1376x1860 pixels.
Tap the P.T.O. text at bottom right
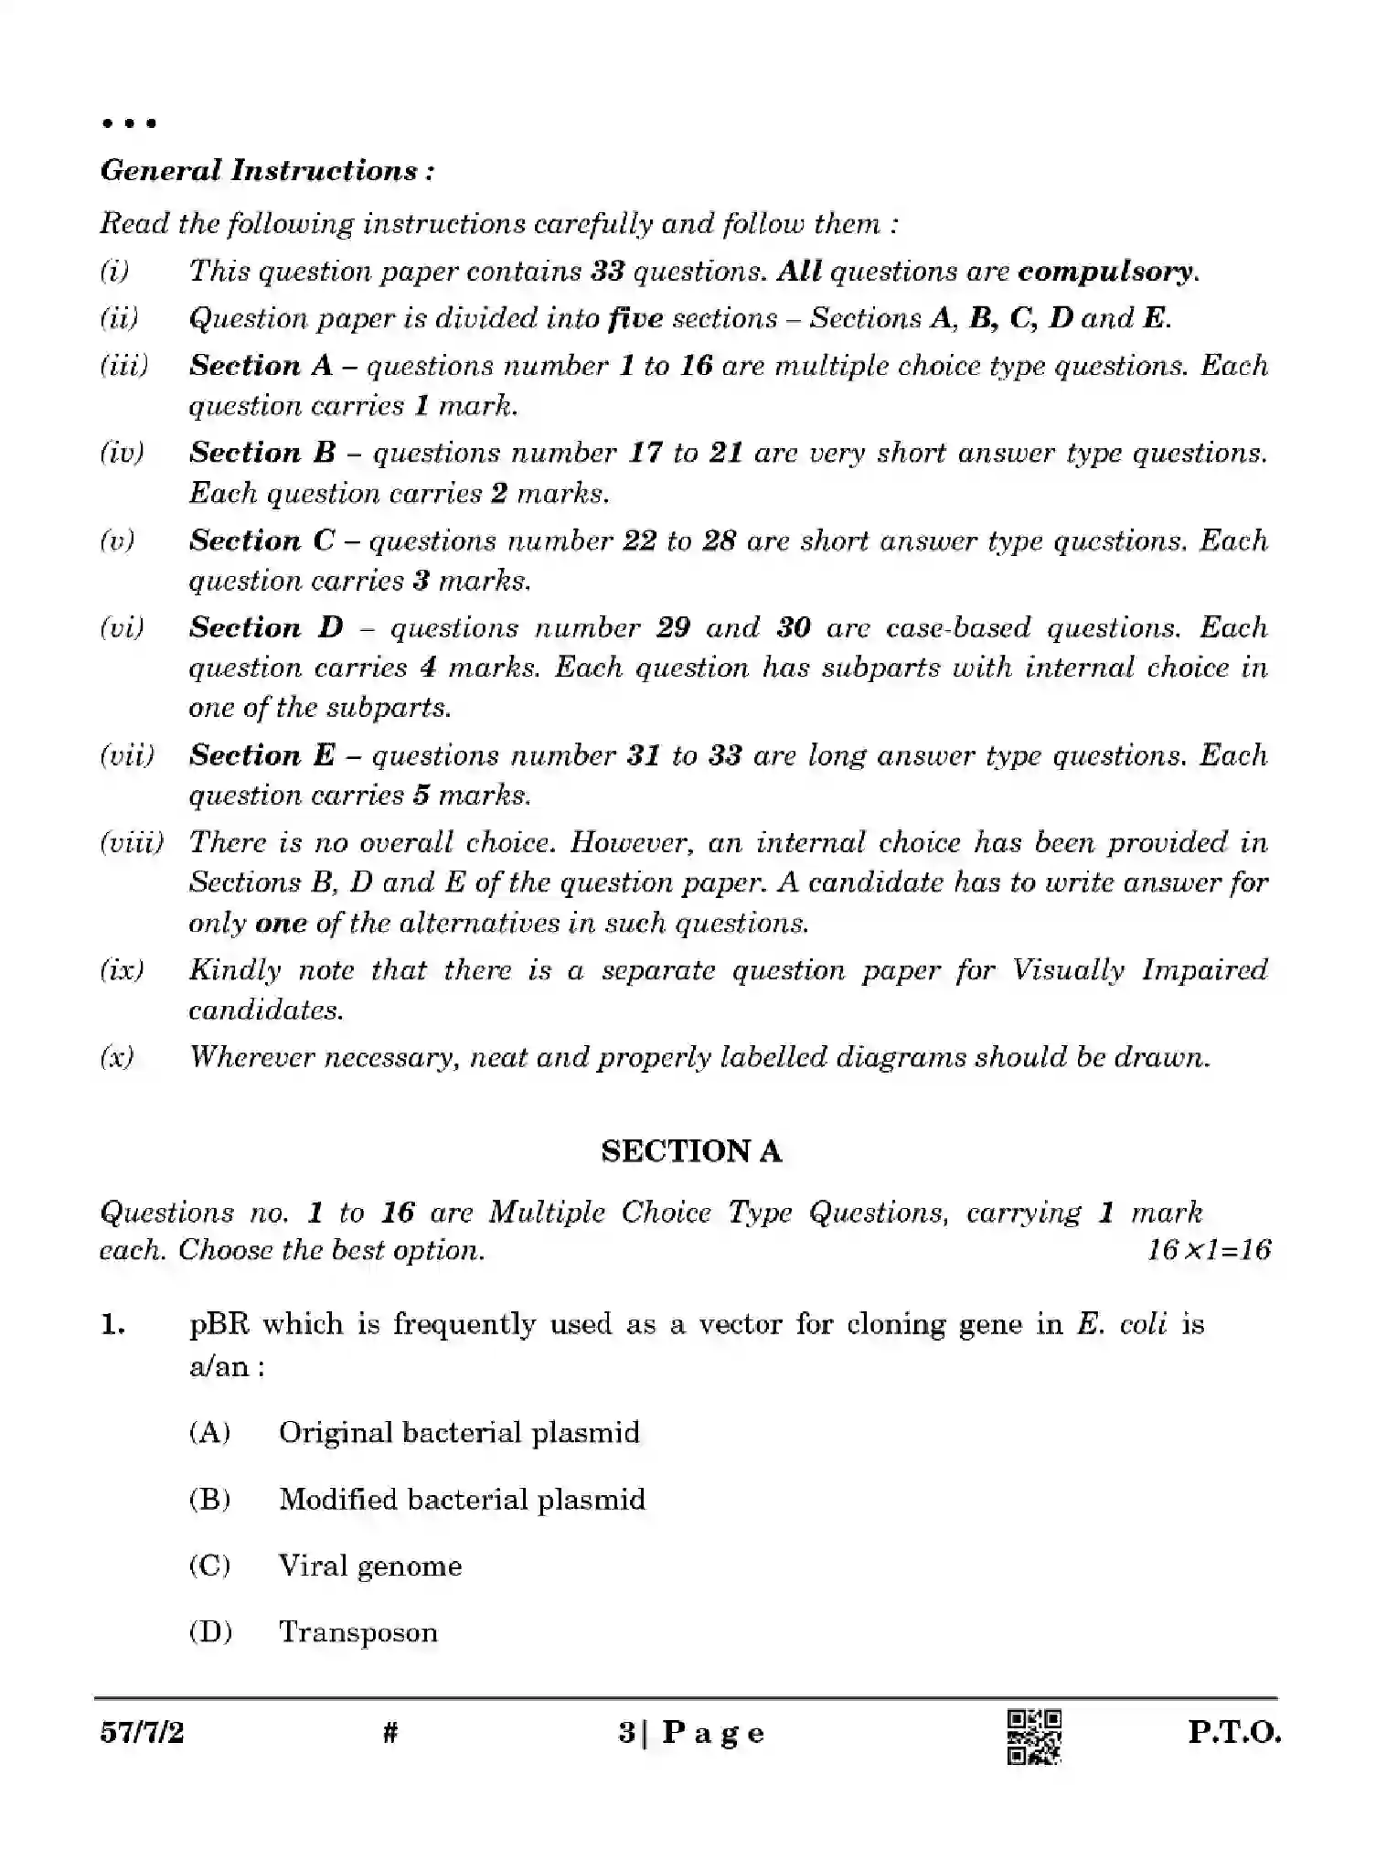[1234, 1733]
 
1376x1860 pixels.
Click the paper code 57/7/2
[142, 1732]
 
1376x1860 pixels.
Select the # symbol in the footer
[390, 1732]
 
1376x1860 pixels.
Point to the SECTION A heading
[691, 1151]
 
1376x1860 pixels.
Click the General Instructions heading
[267, 171]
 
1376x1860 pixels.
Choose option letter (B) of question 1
[209, 1500]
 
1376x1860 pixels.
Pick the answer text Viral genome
[370, 1566]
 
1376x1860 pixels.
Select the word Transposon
[358, 1632]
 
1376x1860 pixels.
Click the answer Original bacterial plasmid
[459, 1432]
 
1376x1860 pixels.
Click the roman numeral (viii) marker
[131, 842]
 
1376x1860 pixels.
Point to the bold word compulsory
[1105, 272]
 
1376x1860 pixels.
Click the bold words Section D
[266, 628]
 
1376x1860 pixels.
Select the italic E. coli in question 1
[1122, 1325]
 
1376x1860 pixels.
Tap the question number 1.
[112, 1325]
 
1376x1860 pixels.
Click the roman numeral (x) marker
[117, 1058]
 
